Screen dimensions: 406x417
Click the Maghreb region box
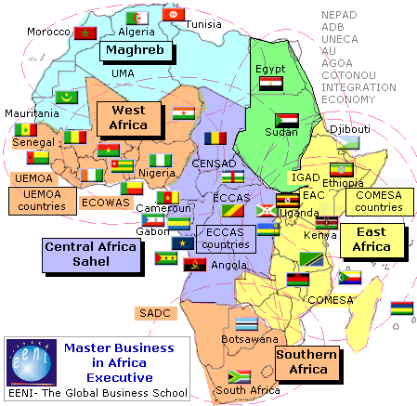pos(132,49)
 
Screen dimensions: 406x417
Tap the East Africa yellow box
pos(371,239)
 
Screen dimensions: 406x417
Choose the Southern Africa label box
pos(301,361)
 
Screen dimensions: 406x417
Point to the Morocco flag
pos(85,33)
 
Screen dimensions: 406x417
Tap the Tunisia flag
pos(172,15)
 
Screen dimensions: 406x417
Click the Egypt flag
pos(270,84)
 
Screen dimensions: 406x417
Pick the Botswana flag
pos(245,324)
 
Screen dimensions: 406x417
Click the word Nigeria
pos(157,173)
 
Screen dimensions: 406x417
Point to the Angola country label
pos(229,265)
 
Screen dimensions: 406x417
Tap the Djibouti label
pos(350,128)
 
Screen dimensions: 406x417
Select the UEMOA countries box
pos(42,200)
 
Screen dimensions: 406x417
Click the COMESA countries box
pos(378,201)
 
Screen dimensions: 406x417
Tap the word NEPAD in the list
pos(340,15)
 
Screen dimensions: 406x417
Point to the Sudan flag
pos(287,121)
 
